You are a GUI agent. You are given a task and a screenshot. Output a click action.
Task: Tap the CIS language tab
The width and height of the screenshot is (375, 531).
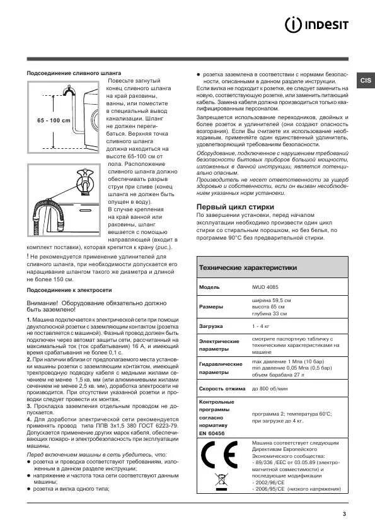pyautogui.click(x=366, y=80)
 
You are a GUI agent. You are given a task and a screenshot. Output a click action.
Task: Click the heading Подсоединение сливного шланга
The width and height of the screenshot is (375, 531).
pyautogui.click(x=74, y=73)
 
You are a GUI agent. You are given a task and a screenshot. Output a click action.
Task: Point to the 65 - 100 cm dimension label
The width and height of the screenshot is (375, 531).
pyautogui.click(x=54, y=120)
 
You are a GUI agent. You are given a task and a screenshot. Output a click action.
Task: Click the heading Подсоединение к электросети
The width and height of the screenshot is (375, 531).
pyautogui.click(x=69, y=289)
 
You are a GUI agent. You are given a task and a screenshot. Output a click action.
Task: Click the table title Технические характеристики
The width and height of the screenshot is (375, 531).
pyautogui.click(x=248, y=267)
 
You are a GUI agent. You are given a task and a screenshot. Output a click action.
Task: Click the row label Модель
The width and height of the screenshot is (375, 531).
pyautogui.click(x=209, y=286)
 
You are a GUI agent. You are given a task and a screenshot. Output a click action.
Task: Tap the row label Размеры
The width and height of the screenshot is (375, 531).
pyautogui.click(x=211, y=307)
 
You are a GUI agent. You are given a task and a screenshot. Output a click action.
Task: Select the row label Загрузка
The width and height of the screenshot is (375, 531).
pyautogui.click(x=212, y=327)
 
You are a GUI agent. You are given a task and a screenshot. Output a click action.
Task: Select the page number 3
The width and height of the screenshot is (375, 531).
pyautogui.click(x=345, y=514)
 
